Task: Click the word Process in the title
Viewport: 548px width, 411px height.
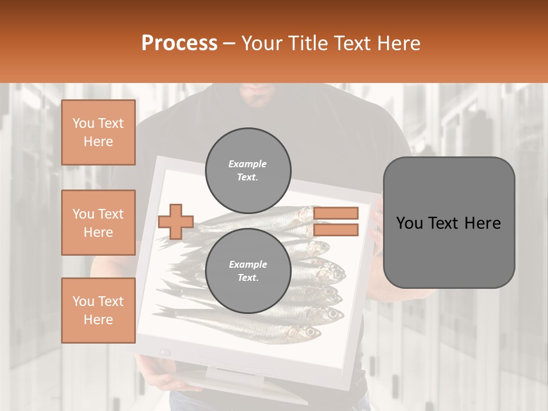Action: pyautogui.click(x=179, y=43)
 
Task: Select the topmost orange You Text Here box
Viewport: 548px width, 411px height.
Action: pyautogui.click(x=98, y=132)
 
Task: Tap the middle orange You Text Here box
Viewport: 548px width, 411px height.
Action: pyautogui.click(x=98, y=223)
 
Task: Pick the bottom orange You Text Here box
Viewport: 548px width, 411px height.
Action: pyautogui.click(x=98, y=310)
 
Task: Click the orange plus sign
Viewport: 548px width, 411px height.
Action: pyautogui.click(x=175, y=221)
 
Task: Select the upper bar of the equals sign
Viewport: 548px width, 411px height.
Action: pyautogui.click(x=336, y=213)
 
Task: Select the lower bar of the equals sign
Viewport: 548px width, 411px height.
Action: pyautogui.click(x=336, y=230)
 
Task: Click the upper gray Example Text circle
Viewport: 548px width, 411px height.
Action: pyautogui.click(x=248, y=171)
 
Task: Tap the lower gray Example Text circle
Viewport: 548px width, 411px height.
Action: pyautogui.click(x=248, y=271)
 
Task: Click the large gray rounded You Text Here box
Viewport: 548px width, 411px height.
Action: pyautogui.click(x=449, y=223)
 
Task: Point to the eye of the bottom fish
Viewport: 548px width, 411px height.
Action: pyautogui.click(x=311, y=331)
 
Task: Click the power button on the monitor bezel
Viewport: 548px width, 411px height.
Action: pyautogui.click(x=166, y=352)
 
